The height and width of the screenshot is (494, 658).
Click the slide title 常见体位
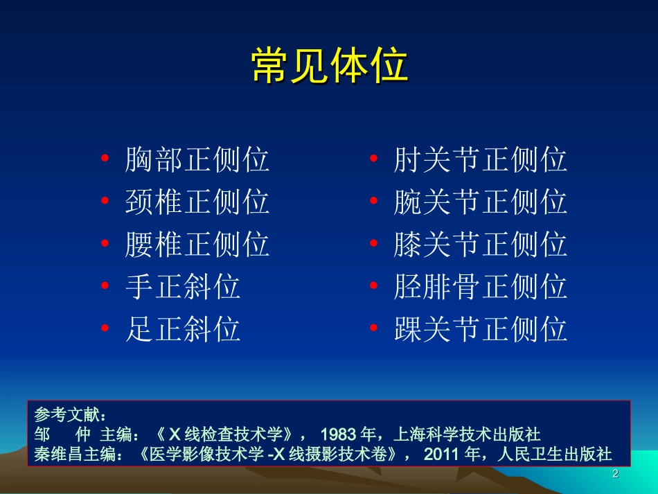coord(329,67)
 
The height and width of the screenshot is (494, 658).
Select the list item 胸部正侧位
coord(197,160)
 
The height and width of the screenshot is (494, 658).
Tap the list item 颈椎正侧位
coord(197,202)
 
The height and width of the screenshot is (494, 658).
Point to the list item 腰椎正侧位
coord(197,245)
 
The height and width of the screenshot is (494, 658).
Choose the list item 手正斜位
coord(183,287)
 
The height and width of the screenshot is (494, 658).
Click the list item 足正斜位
coord(183,329)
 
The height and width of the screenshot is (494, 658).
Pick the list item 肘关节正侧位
coord(481,160)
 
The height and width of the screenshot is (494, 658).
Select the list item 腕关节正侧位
coord(481,202)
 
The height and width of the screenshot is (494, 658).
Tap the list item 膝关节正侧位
coord(481,245)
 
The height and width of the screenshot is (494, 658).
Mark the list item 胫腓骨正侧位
coord(481,287)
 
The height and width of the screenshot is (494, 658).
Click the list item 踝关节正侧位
coord(481,329)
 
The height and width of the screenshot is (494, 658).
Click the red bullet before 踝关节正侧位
coord(373,330)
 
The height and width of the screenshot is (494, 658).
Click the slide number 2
coord(614,474)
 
